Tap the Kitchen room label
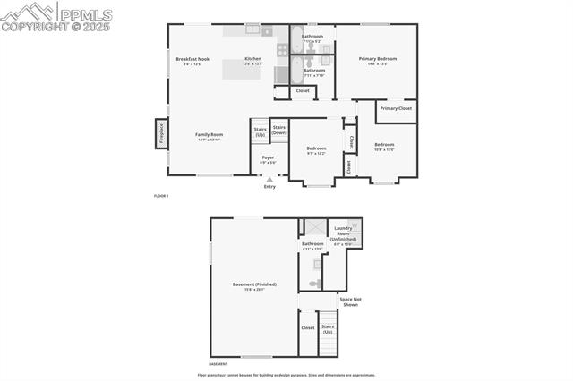tap(252, 59)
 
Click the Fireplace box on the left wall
tap(162, 133)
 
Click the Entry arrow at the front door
tap(269, 179)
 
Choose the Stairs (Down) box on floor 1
tap(279, 130)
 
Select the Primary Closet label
tap(395, 108)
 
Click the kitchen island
tap(242, 70)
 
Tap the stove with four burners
tap(282, 50)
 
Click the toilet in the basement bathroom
tap(313, 283)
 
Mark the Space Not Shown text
tap(350, 301)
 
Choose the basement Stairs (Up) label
tap(328, 328)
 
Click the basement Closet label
tap(308, 327)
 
